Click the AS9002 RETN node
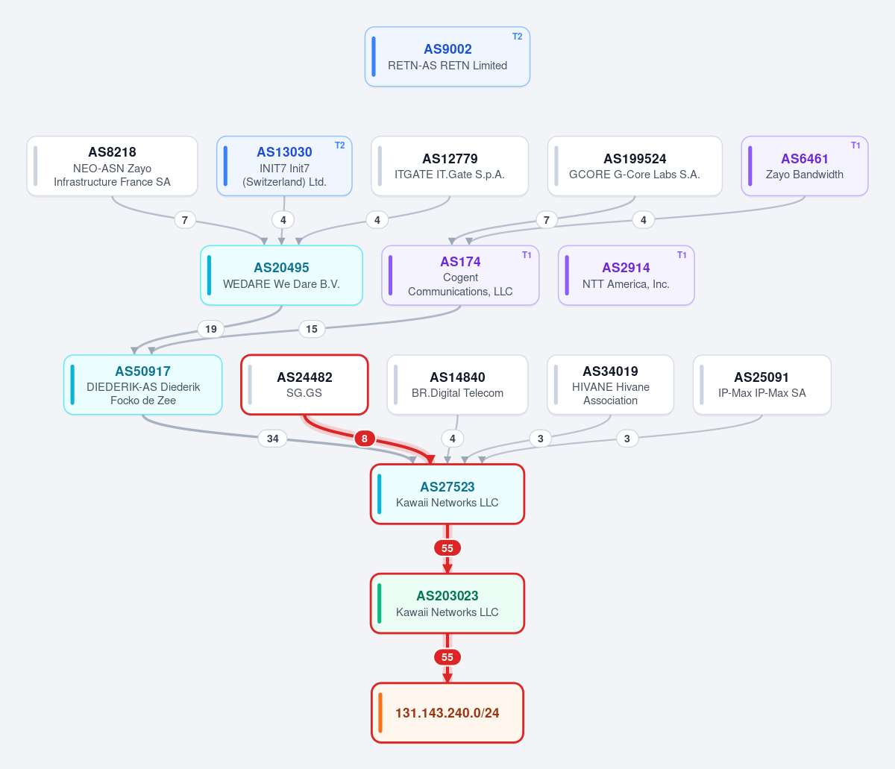click(x=447, y=57)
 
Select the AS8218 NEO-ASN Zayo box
click(x=112, y=166)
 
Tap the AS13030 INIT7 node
click(x=284, y=166)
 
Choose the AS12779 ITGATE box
click(x=450, y=166)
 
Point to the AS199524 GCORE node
click(x=635, y=166)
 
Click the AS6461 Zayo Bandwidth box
click(x=805, y=166)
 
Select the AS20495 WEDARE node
click(x=281, y=275)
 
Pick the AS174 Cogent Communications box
click(x=460, y=275)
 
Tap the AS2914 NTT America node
click(x=626, y=275)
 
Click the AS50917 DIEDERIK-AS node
click(x=143, y=385)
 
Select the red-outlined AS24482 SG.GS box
click(x=304, y=385)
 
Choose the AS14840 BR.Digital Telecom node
click(x=457, y=385)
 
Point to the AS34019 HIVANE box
click(x=611, y=385)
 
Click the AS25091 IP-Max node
click(x=762, y=385)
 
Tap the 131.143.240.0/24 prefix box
click(x=447, y=713)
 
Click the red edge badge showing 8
click(x=365, y=439)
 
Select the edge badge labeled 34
click(x=273, y=439)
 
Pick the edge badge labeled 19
click(x=211, y=329)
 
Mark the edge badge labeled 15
click(x=312, y=329)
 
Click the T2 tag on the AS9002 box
click(x=518, y=37)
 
